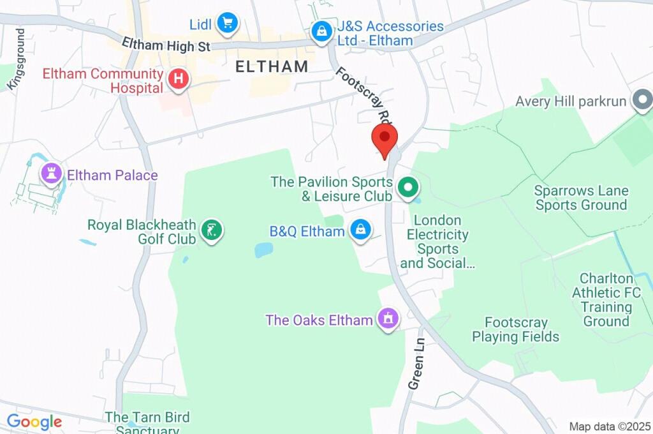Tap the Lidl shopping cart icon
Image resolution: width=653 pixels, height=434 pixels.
click(226, 24)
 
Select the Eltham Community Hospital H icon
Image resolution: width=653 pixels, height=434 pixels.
click(179, 80)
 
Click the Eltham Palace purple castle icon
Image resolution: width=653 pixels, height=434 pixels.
click(50, 173)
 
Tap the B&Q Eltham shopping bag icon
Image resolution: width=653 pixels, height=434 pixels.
click(360, 231)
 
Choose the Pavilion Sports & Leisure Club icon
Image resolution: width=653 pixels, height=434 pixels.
click(407, 188)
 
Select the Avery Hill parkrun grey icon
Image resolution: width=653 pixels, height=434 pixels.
click(640, 100)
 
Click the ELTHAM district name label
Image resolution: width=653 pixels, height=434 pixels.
click(272, 66)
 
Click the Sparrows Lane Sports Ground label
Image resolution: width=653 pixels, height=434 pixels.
click(581, 198)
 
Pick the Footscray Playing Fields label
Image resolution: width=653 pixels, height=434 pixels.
click(515, 330)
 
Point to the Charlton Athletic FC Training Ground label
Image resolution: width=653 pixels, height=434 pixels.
click(606, 300)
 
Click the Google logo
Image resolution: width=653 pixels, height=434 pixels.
click(34, 422)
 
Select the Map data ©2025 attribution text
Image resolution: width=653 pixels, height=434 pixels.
click(609, 426)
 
